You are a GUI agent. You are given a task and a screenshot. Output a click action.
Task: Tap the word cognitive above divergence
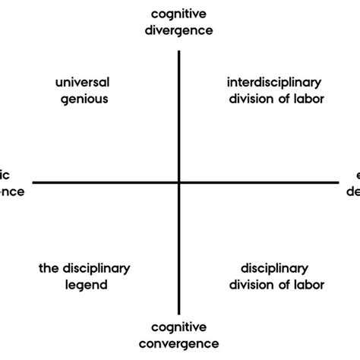179,14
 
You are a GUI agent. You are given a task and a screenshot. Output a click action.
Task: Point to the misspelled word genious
84,98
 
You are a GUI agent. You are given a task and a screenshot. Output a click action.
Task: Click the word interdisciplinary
275,82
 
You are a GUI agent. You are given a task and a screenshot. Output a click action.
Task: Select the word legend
84,285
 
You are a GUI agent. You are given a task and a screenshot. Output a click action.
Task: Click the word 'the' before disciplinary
49,269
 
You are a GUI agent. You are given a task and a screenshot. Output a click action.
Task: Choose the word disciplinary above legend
96,269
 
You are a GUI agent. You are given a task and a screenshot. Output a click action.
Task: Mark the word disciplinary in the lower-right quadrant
274,269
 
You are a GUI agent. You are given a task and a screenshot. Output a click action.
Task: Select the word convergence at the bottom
179,344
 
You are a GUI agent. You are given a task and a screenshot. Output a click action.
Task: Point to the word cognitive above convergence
179,328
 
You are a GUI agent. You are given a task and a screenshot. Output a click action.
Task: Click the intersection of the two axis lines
179,182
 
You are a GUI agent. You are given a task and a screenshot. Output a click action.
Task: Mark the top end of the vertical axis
179,52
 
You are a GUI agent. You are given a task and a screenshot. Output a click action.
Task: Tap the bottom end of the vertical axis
179,313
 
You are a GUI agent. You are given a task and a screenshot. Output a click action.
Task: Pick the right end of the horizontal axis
336,182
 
